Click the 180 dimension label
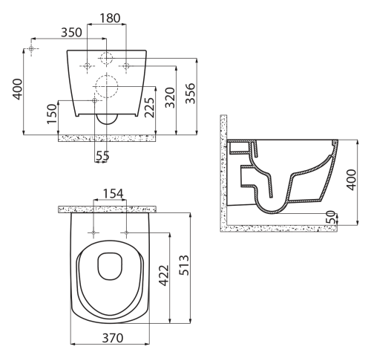pyautogui.click(x=110, y=18)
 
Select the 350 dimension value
pyautogui.click(x=71, y=33)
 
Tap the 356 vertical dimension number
pyautogui.click(x=191, y=94)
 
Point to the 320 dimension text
pyautogui.click(x=170, y=97)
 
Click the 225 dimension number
pyautogui.click(x=150, y=108)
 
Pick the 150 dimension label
pyautogui.click(x=52, y=114)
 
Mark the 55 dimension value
pyautogui.click(x=102, y=156)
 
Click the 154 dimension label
pyautogui.click(x=113, y=194)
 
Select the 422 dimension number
pyautogui.click(x=163, y=276)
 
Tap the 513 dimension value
pyautogui.click(x=184, y=265)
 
